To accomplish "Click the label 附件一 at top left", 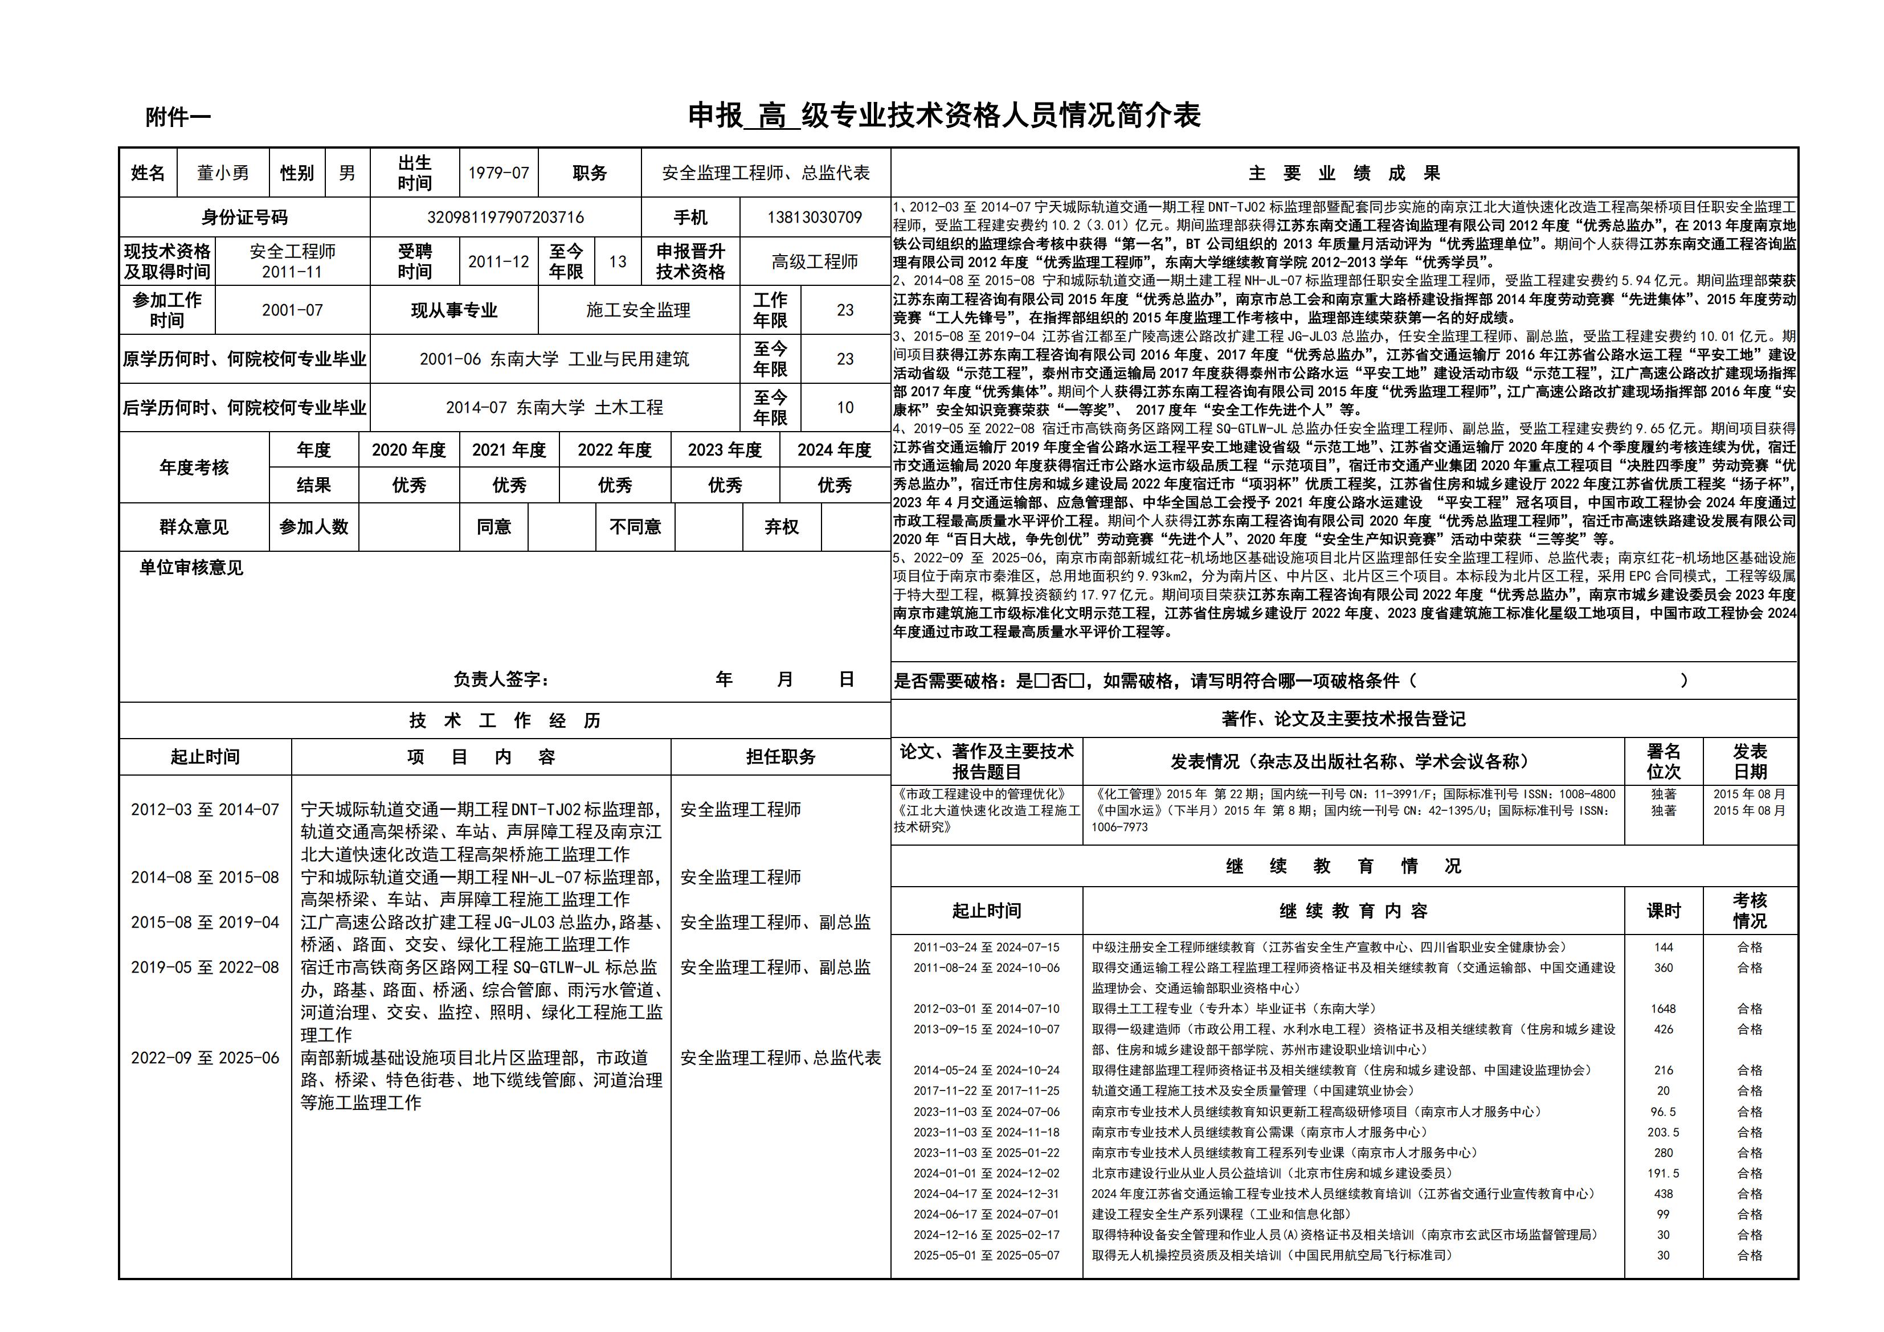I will click(x=178, y=117).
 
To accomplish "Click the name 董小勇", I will click(x=222, y=173).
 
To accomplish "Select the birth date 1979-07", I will click(x=498, y=173).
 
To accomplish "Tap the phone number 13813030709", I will click(x=814, y=218).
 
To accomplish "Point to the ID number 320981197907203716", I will click(x=505, y=218).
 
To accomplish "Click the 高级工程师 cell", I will click(x=814, y=261).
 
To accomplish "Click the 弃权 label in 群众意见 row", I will click(x=781, y=527).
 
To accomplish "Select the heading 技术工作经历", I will click(x=505, y=721).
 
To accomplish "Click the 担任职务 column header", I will click(x=780, y=757).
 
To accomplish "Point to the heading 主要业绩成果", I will click(x=1344, y=173).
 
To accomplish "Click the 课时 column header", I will click(x=1664, y=911).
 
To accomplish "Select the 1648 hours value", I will click(x=1664, y=1009).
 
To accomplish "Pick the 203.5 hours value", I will click(x=1664, y=1132).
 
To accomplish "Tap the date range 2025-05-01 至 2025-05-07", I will click(x=986, y=1255).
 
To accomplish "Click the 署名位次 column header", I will click(x=1664, y=761).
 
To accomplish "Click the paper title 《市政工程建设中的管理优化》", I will click(x=982, y=794).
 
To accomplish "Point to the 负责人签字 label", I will click(x=501, y=679).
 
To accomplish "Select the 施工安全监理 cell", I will click(x=639, y=310).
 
